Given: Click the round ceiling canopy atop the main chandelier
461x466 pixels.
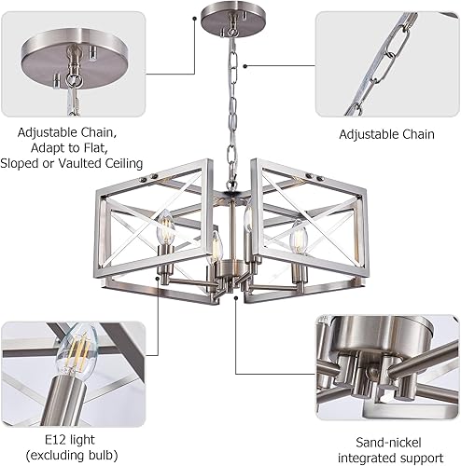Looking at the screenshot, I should coord(229,21).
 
